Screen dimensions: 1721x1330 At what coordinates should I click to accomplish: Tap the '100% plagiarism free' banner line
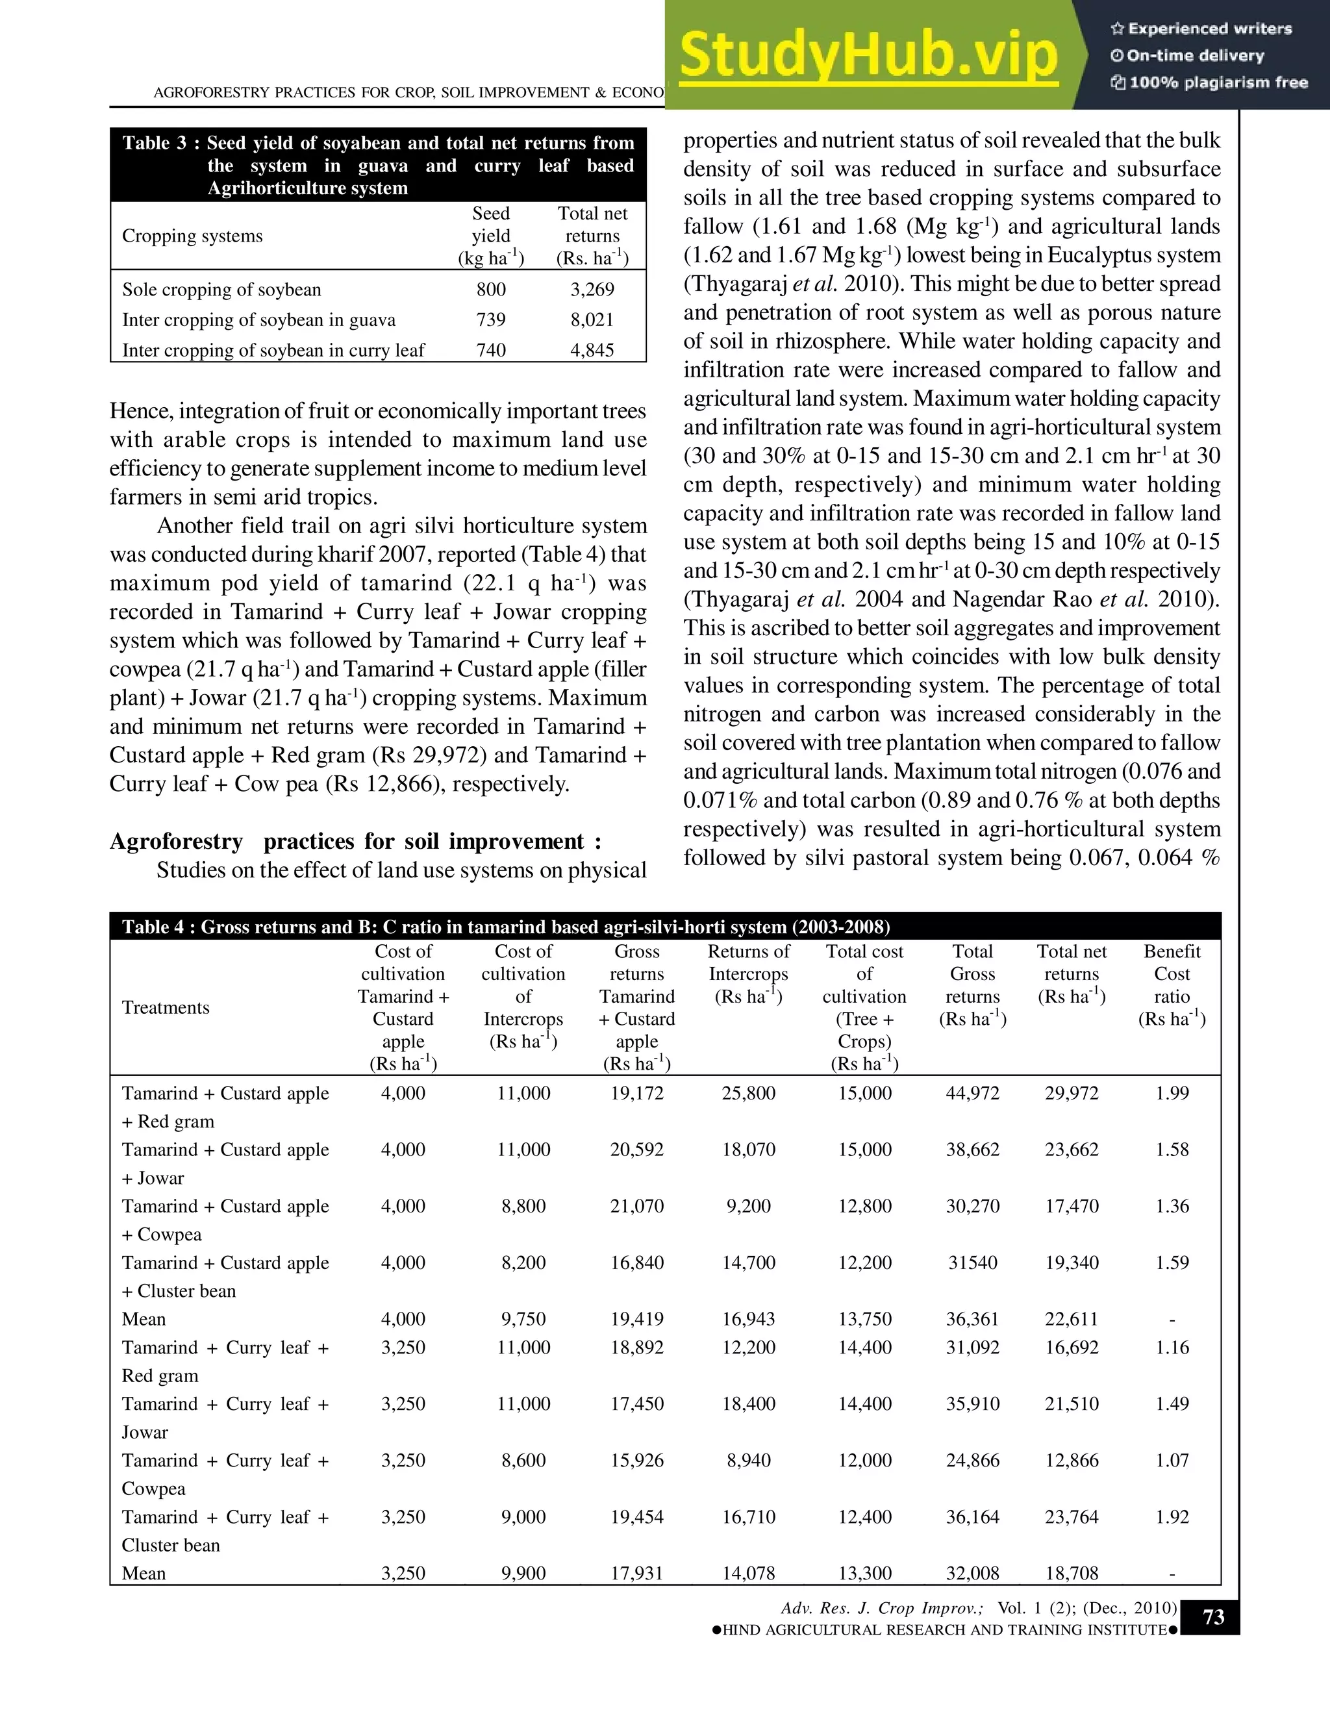[x=1209, y=82]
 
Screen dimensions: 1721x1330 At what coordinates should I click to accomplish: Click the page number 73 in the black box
[x=1212, y=1617]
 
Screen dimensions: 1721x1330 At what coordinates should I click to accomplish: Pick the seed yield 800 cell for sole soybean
[x=491, y=289]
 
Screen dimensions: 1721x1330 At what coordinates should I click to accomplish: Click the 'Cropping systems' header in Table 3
[x=192, y=236]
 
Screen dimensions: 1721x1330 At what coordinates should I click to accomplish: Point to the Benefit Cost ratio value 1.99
[x=1172, y=1093]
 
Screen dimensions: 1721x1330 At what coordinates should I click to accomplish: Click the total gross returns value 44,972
[x=972, y=1093]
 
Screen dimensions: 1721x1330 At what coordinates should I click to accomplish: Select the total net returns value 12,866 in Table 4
[x=1071, y=1460]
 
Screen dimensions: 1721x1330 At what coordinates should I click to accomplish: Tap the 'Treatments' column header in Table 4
[x=166, y=1007]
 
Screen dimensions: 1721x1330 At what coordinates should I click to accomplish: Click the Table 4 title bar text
[x=506, y=927]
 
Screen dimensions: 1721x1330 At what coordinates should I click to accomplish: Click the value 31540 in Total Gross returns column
[x=972, y=1262]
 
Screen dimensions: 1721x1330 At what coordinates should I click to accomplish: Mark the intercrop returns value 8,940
[x=749, y=1460]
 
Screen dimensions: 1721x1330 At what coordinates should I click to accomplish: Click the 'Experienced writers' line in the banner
[x=1201, y=29]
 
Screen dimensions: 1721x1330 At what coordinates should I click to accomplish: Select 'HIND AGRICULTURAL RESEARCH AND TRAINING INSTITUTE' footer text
[x=944, y=1629]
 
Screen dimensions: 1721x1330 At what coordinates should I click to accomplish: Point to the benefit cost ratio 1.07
[x=1172, y=1460]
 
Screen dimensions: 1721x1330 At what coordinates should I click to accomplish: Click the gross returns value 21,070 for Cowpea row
[x=636, y=1205]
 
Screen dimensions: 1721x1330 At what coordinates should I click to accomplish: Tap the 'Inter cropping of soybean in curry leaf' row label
[x=273, y=350]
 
